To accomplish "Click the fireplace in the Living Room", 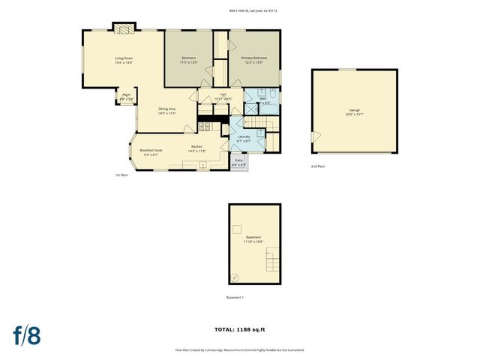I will point(124,28).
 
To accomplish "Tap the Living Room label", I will point(124,60).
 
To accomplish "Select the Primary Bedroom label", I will point(254,60).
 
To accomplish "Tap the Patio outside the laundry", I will point(238,162).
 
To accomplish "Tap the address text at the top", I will point(259,10).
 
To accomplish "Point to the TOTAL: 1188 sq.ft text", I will point(240,329).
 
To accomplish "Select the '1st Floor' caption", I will point(121,175).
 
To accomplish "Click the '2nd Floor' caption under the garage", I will point(318,166).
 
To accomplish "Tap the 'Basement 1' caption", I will point(235,298).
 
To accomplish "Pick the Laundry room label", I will point(244,138).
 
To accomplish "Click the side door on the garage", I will point(314,136).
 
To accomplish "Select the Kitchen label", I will point(196,148).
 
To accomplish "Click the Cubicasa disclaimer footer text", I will point(240,349).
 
